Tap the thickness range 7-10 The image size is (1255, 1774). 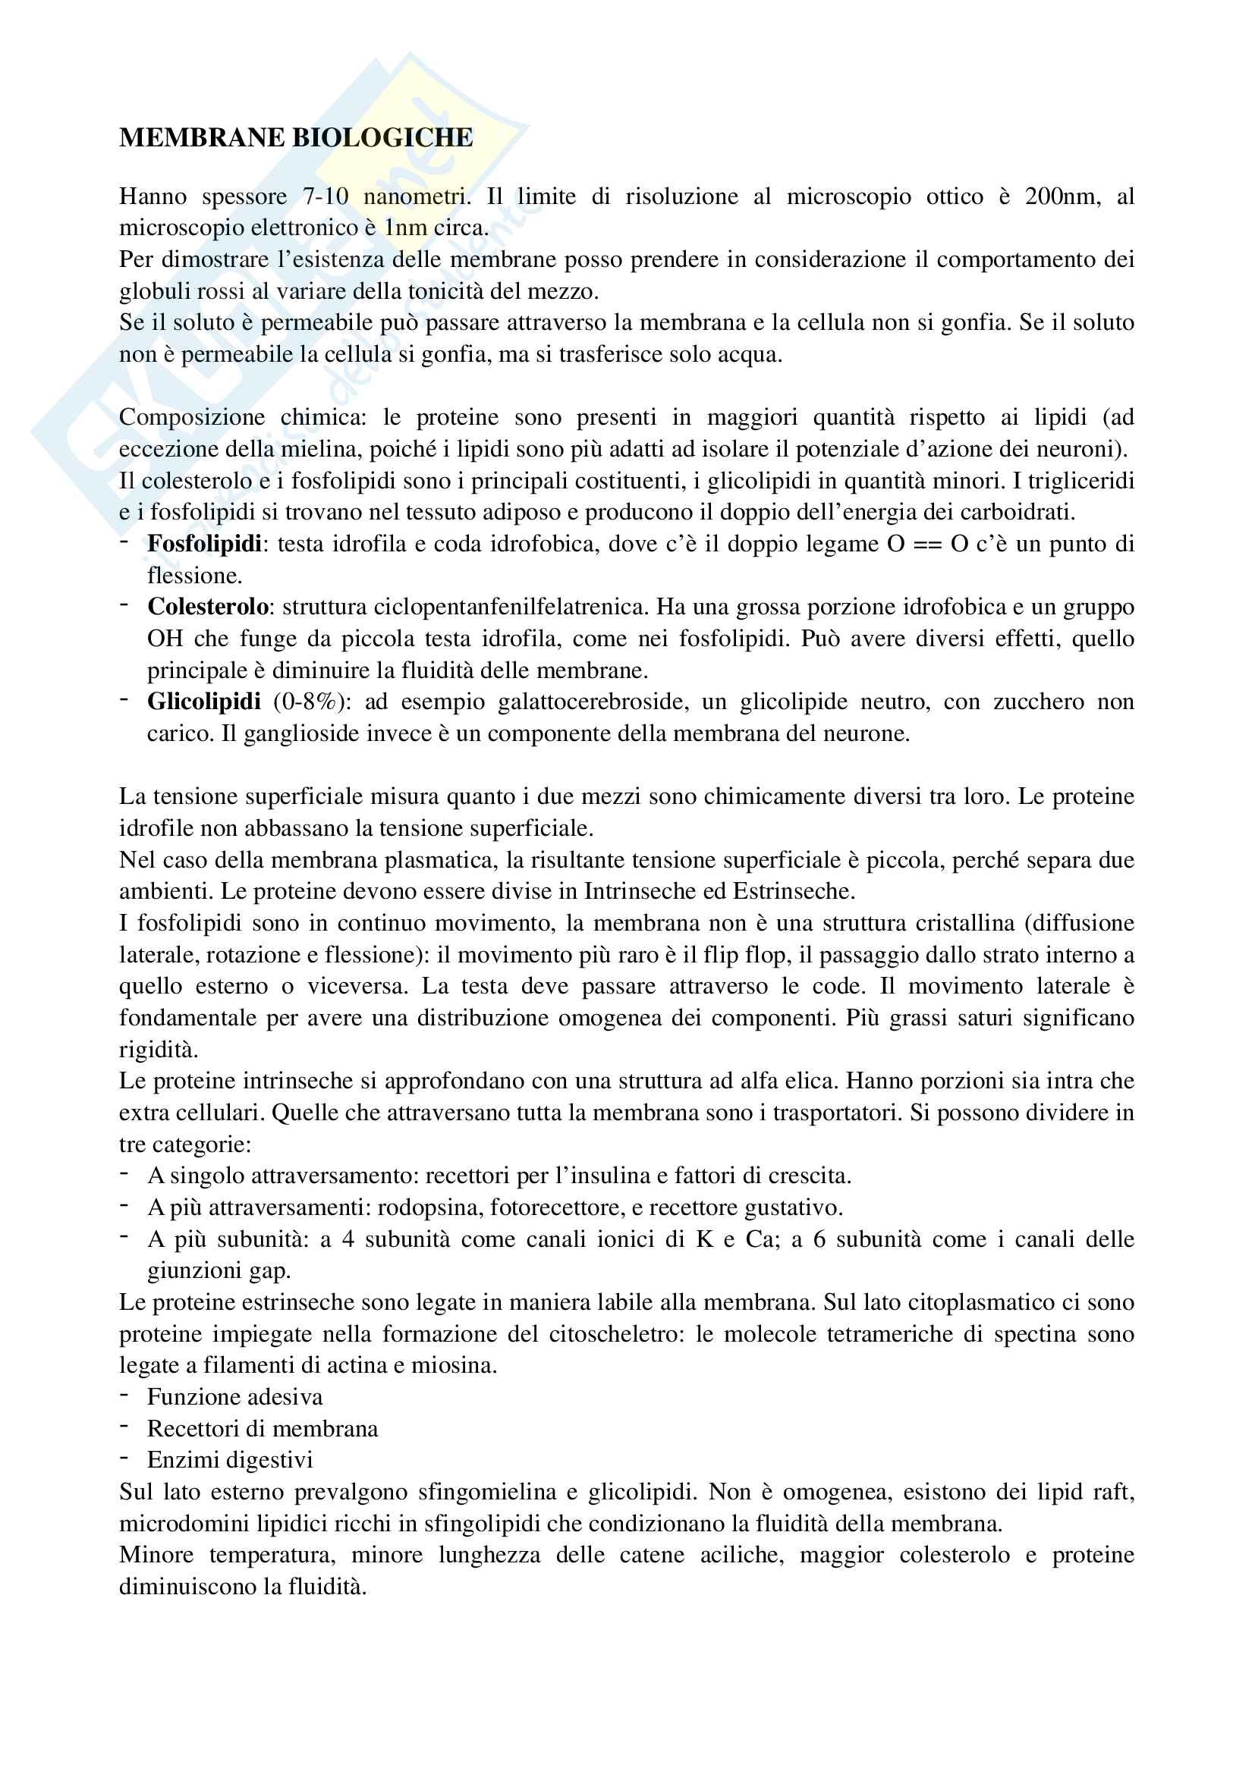326,197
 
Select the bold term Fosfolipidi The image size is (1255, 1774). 205,544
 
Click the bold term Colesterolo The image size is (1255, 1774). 208,608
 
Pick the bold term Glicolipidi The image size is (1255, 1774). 204,702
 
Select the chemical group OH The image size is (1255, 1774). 165,639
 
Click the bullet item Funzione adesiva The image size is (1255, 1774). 235,1397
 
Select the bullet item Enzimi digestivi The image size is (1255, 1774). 231,1459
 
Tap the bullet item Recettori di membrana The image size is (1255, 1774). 263,1429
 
